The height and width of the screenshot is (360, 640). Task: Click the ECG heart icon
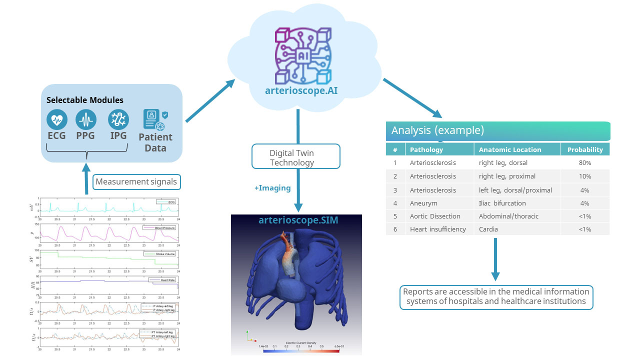56,120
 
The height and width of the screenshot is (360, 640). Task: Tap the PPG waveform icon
86,120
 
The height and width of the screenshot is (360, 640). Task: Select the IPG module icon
118,120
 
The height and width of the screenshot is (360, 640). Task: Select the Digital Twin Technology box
295,157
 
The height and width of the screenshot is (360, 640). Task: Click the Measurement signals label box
136,182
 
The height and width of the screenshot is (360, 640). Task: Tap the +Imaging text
272,188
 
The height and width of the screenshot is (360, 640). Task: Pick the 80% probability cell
585,163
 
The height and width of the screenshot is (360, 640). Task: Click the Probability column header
585,149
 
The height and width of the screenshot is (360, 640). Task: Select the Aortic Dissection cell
435,216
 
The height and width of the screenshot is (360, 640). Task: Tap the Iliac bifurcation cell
502,203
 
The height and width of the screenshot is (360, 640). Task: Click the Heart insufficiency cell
437,229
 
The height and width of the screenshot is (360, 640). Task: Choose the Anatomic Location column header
510,149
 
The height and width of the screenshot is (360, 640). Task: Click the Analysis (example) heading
437,131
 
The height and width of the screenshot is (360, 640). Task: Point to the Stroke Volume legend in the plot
158,254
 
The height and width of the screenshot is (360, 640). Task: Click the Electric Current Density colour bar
301,350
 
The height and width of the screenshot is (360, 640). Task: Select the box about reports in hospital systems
496,296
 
